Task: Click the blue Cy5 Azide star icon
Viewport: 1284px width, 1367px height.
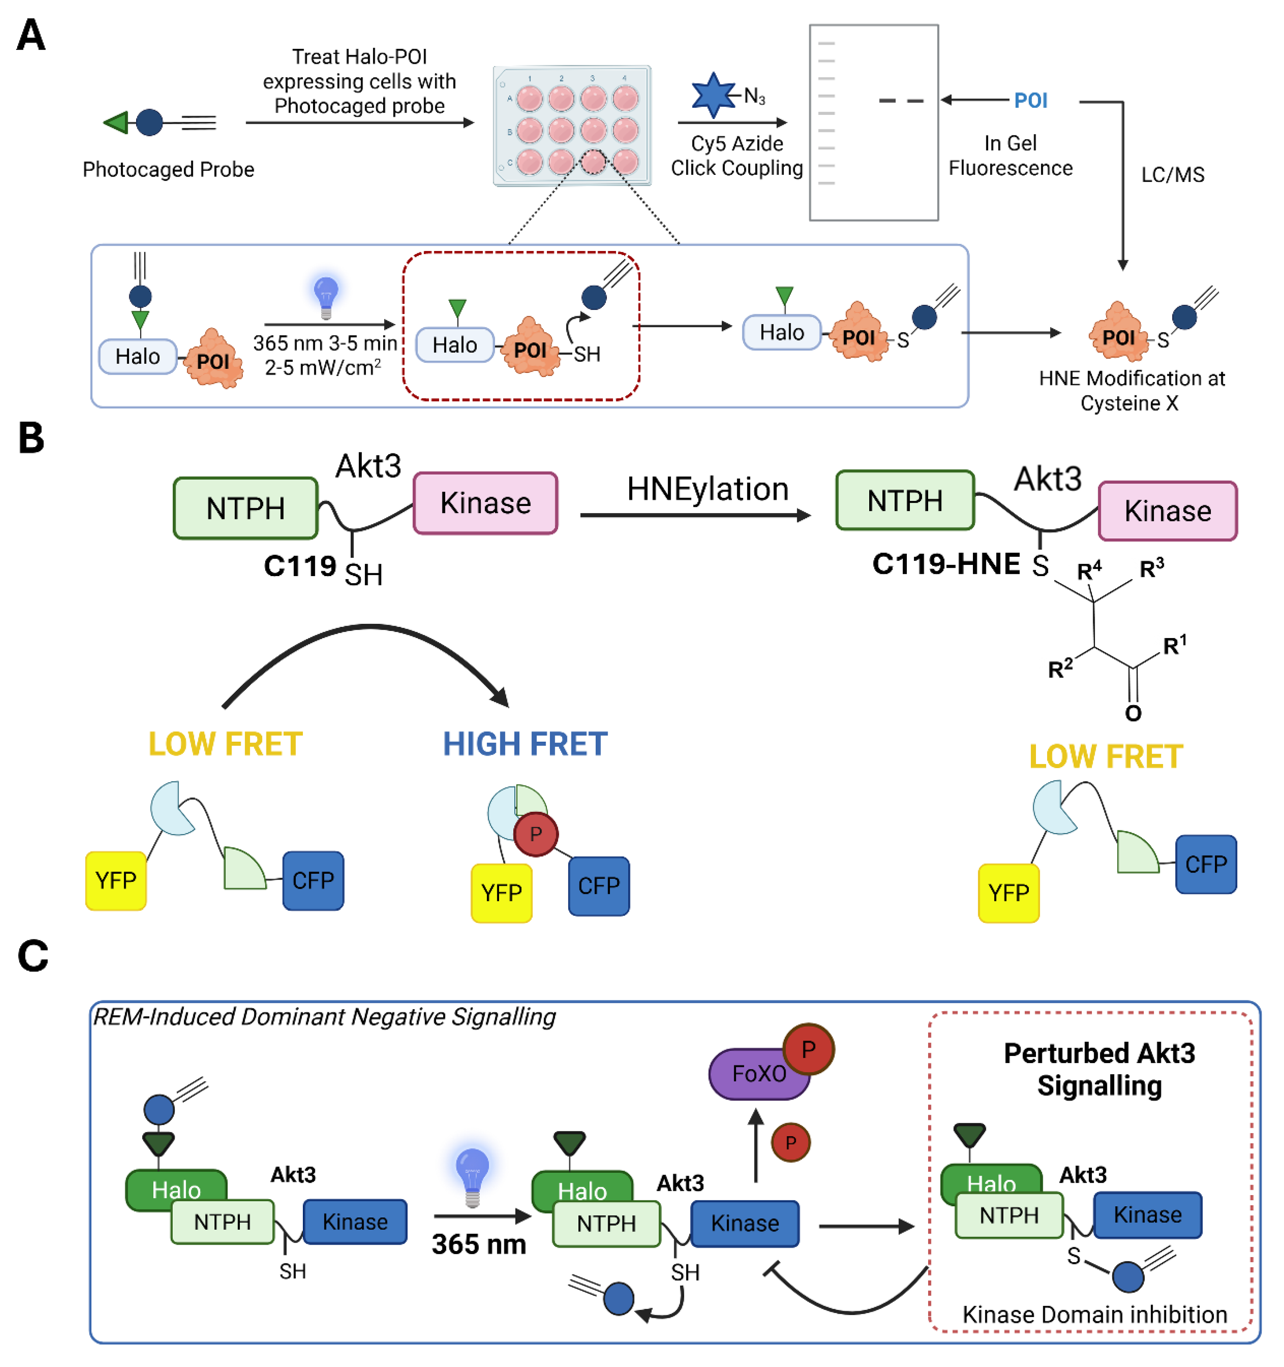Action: click(713, 95)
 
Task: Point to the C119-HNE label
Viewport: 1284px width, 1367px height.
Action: click(946, 564)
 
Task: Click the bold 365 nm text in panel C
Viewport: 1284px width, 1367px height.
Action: click(479, 1244)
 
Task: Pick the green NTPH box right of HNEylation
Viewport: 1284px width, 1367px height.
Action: click(904, 500)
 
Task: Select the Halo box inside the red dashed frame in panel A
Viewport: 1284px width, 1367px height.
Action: click(455, 345)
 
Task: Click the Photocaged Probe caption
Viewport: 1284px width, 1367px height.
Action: click(169, 169)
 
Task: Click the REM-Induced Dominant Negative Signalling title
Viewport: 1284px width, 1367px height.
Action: click(324, 1016)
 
